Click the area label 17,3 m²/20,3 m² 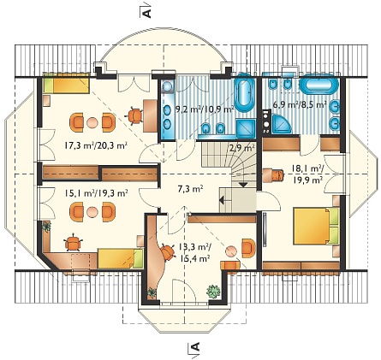96,145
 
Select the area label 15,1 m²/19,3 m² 96,193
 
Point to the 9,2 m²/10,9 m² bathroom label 205,109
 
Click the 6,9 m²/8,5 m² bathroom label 300,104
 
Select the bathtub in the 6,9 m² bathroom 318,84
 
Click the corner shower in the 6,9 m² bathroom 281,124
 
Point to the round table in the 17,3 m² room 92,123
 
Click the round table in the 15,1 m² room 92,212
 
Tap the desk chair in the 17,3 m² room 134,115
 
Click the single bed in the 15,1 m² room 121,258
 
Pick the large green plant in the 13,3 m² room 213,292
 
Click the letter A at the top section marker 146,13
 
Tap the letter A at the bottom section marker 195,347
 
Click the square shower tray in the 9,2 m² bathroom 246,128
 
